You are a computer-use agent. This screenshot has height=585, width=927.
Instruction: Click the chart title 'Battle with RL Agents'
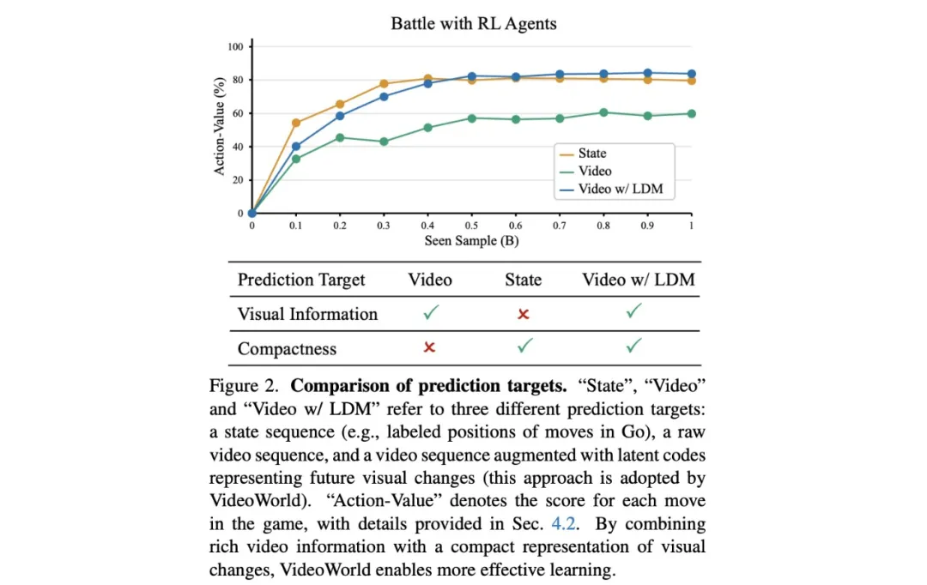pyautogui.click(x=472, y=23)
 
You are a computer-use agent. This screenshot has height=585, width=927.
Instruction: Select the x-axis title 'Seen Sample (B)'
pyautogui.click(x=471, y=240)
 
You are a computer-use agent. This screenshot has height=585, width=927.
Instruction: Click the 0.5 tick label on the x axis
pyautogui.click(x=471, y=225)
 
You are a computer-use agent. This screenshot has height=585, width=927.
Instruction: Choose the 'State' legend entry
pyautogui.click(x=591, y=154)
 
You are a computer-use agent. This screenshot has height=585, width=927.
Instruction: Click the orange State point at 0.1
pyautogui.click(x=296, y=123)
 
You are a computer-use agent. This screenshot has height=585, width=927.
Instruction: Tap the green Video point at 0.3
pyautogui.click(x=384, y=142)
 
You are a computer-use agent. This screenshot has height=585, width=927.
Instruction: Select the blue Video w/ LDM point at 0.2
pyautogui.click(x=340, y=116)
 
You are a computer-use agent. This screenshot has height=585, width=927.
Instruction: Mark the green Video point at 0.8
pyautogui.click(x=603, y=112)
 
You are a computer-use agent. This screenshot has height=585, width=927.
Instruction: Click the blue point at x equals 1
pyautogui.click(x=691, y=74)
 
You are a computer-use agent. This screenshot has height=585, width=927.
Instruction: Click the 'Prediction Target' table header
pyautogui.click(x=301, y=280)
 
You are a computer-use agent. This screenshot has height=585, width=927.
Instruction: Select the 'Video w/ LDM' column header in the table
pyautogui.click(x=638, y=280)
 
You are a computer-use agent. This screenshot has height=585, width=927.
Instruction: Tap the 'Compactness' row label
pyautogui.click(x=287, y=348)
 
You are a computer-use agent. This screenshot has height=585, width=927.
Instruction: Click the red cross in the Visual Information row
pyautogui.click(x=523, y=314)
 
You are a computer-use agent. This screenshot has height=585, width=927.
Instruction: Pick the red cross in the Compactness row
pyautogui.click(x=430, y=347)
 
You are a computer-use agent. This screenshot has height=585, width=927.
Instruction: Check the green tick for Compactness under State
pyautogui.click(x=524, y=347)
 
